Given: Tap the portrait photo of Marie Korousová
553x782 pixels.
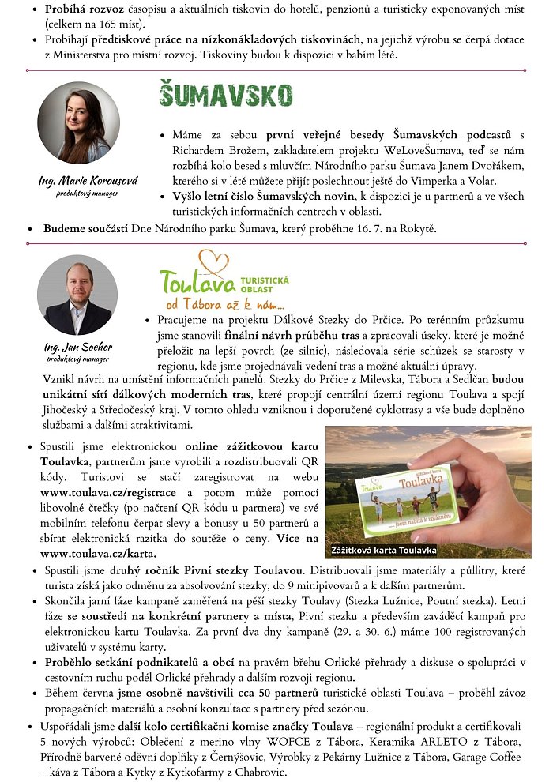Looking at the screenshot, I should coord(78,122).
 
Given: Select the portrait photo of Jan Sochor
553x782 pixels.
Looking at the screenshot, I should coord(77,295).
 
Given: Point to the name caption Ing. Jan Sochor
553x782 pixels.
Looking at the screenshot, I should coord(77,347).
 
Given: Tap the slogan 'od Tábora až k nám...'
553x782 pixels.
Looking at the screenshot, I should coord(224,304).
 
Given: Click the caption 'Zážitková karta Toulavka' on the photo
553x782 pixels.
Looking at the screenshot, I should coord(385,549).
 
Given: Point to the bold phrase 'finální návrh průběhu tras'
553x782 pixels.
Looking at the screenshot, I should coord(269,334).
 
